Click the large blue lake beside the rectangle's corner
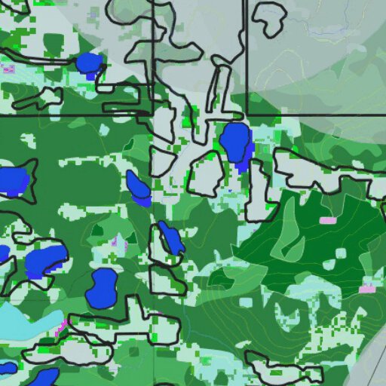234,141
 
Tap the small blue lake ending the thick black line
89,63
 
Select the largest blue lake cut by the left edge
13,181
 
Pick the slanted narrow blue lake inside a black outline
170,238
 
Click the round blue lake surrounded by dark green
102,288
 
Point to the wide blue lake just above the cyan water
44,260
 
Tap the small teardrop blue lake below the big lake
138,188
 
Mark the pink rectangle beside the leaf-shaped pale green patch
328,220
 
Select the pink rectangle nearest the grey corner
367,289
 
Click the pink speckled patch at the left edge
8,69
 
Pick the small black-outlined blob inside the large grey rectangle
268,18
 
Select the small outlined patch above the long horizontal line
47,97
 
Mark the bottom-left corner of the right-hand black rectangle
247,115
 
